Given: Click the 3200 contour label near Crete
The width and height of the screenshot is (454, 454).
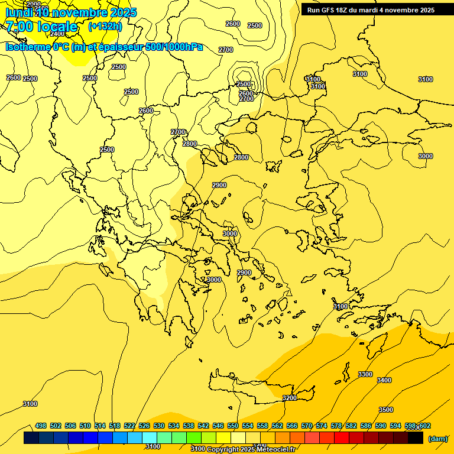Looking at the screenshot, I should pyautogui.click(x=290, y=398).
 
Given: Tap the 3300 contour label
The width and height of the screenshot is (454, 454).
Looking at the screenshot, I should pyautogui.click(x=365, y=374).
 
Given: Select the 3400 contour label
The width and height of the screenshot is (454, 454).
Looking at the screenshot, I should pyautogui.click(x=384, y=380).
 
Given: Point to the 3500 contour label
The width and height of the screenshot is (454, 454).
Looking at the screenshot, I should pyautogui.click(x=386, y=410).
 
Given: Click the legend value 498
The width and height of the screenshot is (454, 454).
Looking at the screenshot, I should pyautogui.click(x=41, y=426).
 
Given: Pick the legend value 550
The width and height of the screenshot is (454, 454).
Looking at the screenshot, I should pyautogui.click(x=233, y=426).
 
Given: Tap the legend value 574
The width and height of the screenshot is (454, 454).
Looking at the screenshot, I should pyautogui.click(x=322, y=426).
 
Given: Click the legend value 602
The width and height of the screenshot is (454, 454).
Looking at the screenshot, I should pyautogui.click(x=425, y=426).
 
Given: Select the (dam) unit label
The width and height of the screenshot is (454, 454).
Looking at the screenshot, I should pyautogui.click(x=437, y=439).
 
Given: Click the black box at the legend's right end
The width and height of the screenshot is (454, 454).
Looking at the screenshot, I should pyautogui.click(x=416, y=438).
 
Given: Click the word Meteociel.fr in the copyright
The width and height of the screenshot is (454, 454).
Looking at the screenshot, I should pyautogui.click(x=276, y=449).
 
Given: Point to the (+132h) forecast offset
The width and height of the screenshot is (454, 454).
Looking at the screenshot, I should pyautogui.click(x=105, y=26).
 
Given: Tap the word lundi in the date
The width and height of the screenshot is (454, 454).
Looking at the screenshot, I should pyautogui.click(x=18, y=12).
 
